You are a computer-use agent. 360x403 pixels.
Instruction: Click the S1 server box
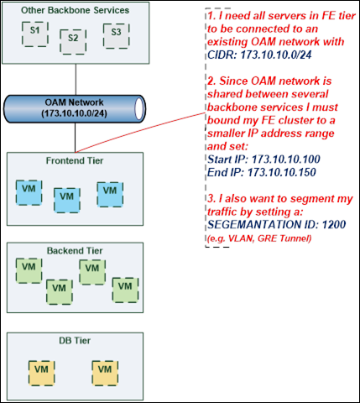35,34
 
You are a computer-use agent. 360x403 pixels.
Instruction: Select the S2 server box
73,42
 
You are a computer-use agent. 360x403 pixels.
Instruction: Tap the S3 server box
116,36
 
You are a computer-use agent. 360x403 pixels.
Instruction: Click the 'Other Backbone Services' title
75,10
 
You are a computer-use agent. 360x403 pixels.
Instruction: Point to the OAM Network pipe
75,108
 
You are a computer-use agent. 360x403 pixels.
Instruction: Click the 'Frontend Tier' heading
75,160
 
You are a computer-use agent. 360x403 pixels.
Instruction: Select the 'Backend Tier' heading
75,250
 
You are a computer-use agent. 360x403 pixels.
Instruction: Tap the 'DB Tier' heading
75,341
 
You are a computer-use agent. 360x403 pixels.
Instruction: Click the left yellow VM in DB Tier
41,373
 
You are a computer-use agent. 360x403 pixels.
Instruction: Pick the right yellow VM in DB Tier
105,373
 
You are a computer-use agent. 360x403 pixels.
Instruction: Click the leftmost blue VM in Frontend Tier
29,192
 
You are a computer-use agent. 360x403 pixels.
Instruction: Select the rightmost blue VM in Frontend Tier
110,195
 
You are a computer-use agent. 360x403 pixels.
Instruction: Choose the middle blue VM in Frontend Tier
67,201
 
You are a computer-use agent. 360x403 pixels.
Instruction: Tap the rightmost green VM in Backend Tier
125,290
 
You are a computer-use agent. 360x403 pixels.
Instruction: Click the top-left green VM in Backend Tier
29,270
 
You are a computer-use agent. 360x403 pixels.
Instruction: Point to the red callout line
140,133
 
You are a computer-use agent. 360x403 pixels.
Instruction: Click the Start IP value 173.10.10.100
286,160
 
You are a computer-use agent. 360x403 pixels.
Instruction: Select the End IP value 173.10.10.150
282,172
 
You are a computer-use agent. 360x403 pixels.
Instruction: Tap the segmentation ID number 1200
334,224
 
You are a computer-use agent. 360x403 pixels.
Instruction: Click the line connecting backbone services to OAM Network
76,80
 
